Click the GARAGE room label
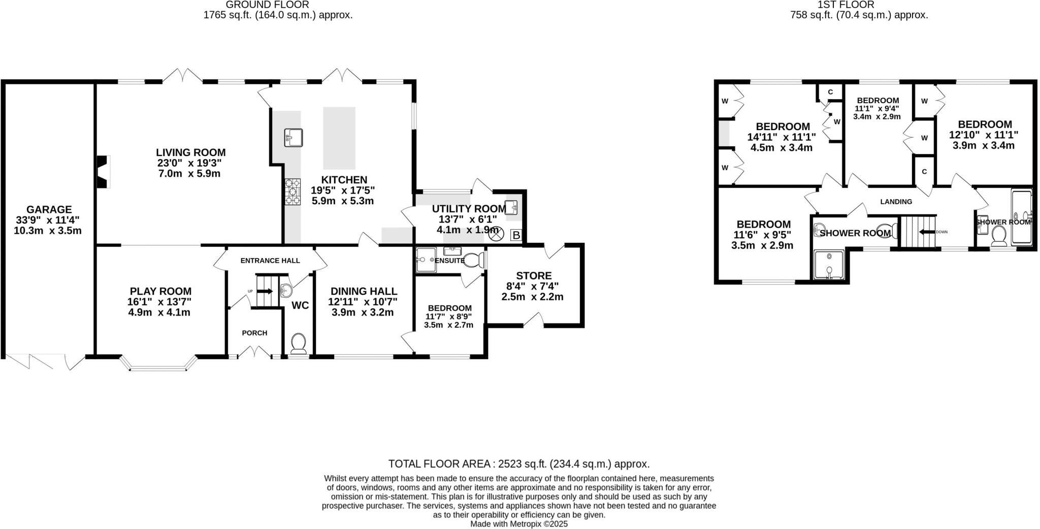pyautogui.click(x=49, y=209)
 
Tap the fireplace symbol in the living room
pyautogui.click(x=104, y=172)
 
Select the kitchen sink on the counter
pyautogui.click(x=294, y=137)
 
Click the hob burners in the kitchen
pyautogui.click(x=292, y=192)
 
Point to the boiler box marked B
pyautogui.click(x=516, y=235)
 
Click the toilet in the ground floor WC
pyautogui.click(x=298, y=343)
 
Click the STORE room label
pyautogui.click(x=534, y=276)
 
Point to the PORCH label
pyautogui.click(x=254, y=333)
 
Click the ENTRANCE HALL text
pyautogui.click(x=270, y=261)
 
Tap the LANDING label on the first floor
pyautogui.click(x=896, y=202)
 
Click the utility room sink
pyautogui.click(x=511, y=207)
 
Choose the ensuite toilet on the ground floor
pyautogui.click(x=473, y=260)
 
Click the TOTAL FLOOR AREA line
pyautogui.click(x=518, y=463)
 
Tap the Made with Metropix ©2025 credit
pyautogui.click(x=518, y=523)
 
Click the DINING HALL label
pyautogui.click(x=364, y=291)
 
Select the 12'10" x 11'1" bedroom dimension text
pyautogui.click(x=984, y=135)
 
